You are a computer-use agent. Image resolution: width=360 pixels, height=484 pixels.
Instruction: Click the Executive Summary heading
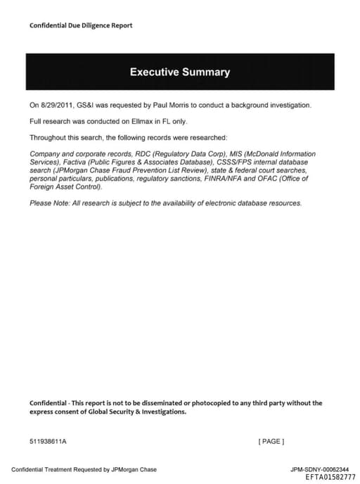[179, 72]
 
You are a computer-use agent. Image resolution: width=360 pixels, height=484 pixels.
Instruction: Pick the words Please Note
[47, 203]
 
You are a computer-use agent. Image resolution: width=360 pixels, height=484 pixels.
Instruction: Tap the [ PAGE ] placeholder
[271, 442]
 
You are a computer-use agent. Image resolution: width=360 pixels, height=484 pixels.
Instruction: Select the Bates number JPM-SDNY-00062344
[319, 469]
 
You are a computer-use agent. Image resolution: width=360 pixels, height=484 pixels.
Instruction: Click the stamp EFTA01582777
[330, 476]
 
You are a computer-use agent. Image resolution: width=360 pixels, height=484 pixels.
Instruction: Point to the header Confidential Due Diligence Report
[81, 26]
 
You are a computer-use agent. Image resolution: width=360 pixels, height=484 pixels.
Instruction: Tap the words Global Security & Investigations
[134, 412]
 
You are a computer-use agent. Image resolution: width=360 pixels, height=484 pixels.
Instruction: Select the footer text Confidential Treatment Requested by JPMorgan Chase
[84, 469]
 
